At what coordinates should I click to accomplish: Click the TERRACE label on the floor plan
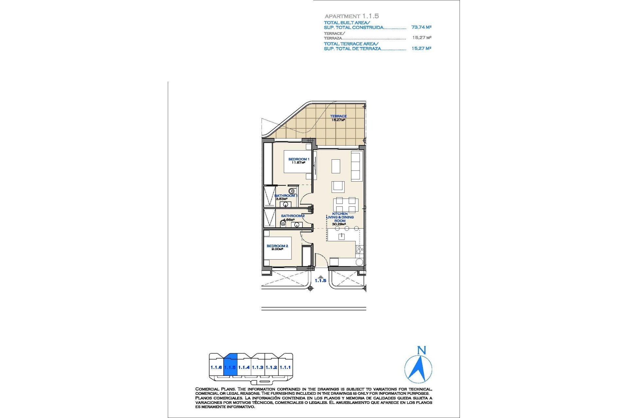click(338, 116)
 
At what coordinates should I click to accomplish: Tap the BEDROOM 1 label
click(298, 159)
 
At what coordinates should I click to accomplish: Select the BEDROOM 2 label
click(277, 246)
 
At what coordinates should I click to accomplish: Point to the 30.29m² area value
click(339, 224)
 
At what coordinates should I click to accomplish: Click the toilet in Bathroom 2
click(283, 224)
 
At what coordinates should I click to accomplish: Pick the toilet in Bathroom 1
click(291, 191)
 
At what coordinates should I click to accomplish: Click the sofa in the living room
click(356, 166)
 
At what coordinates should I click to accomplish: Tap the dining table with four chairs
click(345, 205)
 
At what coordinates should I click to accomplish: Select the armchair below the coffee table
click(338, 187)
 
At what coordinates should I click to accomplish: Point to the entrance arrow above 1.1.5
click(321, 276)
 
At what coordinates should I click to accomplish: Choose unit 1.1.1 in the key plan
click(285, 367)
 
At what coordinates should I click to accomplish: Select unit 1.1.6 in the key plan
click(216, 367)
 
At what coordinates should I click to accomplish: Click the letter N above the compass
click(422, 351)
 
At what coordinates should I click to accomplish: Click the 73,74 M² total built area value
click(421, 27)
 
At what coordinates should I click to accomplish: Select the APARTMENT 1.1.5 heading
click(352, 16)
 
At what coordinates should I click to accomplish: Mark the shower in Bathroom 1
click(270, 196)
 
